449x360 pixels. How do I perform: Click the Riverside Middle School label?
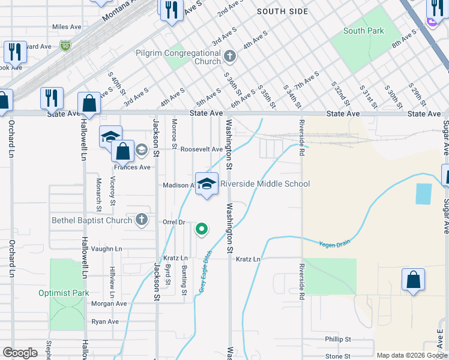(265, 184)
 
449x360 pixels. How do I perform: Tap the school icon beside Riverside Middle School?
(206, 185)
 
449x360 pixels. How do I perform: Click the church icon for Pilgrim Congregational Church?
(229, 58)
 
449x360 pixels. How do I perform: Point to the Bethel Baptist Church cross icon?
(141, 220)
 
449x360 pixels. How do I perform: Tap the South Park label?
(363, 31)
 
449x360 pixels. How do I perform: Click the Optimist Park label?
(64, 293)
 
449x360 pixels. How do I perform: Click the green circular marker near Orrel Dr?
(202, 229)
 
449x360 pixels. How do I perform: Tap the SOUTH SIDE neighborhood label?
(282, 11)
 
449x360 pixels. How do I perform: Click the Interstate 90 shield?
(65, 45)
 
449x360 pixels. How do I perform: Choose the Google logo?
(20, 353)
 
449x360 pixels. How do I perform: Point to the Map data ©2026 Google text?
(411, 355)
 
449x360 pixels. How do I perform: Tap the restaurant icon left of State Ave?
(52, 98)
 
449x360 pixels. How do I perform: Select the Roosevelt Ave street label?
(202, 149)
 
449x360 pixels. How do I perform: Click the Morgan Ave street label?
(109, 304)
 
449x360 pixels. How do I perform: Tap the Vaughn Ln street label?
(107, 248)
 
